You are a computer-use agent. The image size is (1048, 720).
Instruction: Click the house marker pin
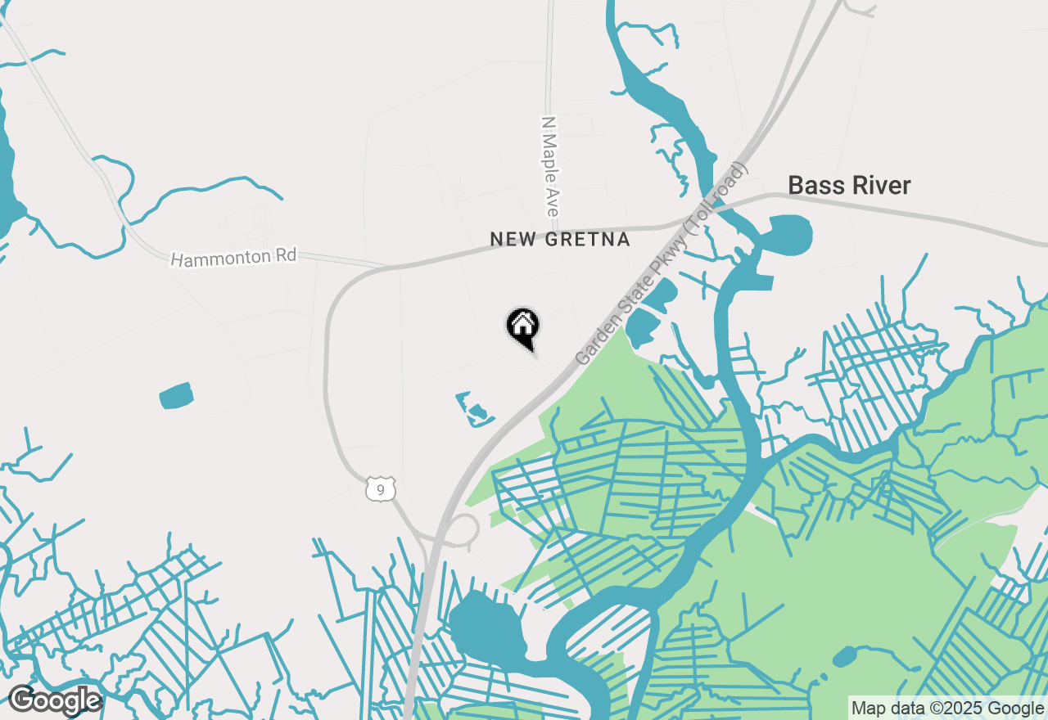coord(522,326)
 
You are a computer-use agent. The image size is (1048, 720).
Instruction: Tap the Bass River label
coord(849,186)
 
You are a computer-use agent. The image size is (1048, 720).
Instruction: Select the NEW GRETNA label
coord(560,240)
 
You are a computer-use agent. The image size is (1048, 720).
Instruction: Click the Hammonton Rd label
coord(233,258)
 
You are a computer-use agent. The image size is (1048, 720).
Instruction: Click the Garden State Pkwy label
coord(662,263)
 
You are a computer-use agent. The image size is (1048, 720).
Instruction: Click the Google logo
coord(55,700)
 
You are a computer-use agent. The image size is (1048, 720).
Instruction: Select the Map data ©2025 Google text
coord(947,709)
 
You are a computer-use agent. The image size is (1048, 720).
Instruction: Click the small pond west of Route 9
coord(176,396)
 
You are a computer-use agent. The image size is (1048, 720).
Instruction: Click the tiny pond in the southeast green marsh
coord(844,656)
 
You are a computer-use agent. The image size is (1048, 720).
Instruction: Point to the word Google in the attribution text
coord(1015,709)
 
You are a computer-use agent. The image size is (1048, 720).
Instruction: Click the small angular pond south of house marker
coord(474,409)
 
